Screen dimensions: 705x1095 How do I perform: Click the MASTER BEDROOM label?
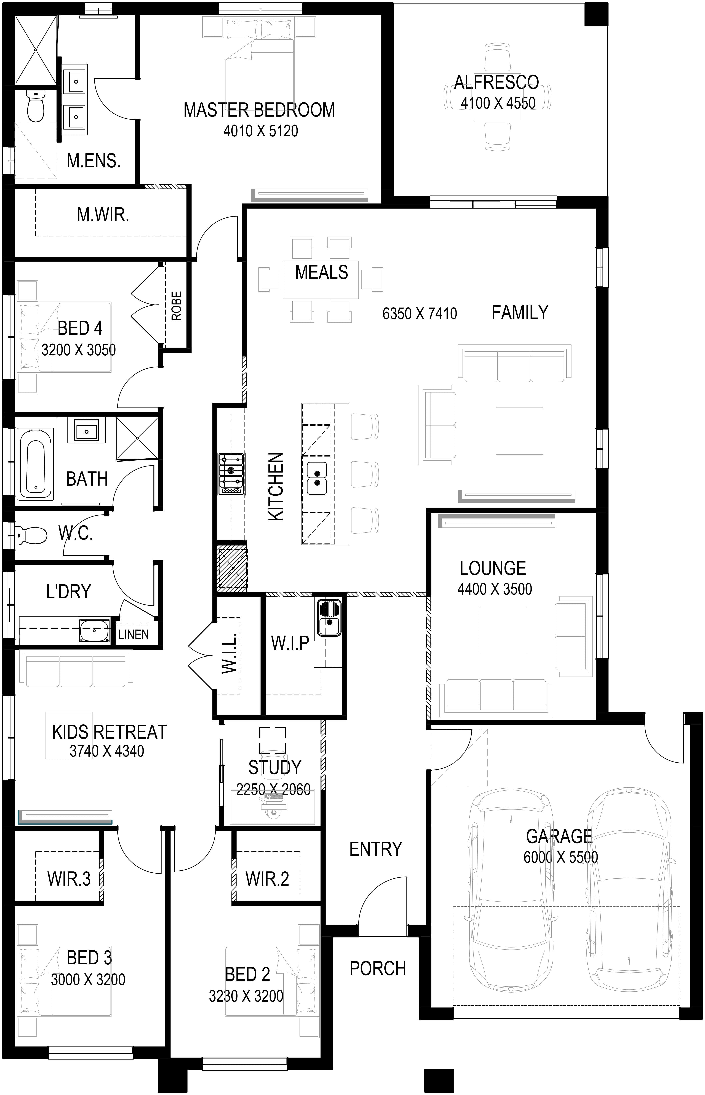click(259, 110)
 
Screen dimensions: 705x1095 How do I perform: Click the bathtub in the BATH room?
click(36, 463)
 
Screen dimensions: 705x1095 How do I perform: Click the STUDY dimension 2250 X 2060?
click(273, 790)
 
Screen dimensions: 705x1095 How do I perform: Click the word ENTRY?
click(375, 849)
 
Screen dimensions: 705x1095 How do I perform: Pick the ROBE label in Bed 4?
click(176, 306)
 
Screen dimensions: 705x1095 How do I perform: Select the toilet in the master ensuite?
click(35, 105)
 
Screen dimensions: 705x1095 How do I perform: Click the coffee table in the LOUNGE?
click(503, 630)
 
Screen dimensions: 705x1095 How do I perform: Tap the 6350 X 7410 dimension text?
click(420, 314)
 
